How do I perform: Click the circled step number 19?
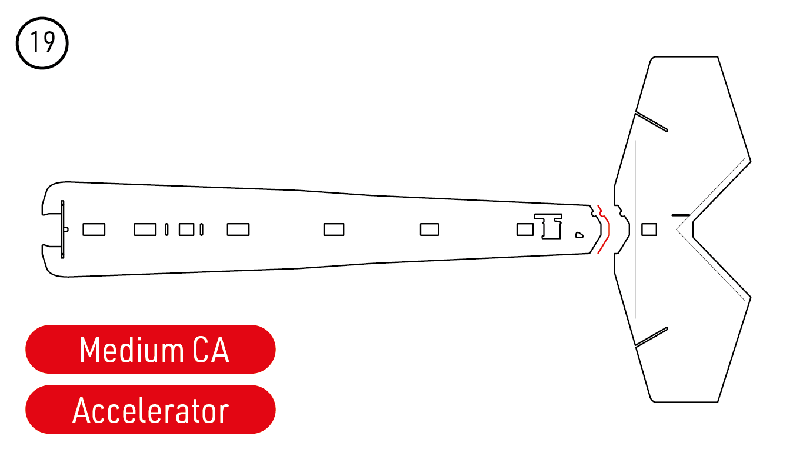pos(42,43)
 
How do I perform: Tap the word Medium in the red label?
pos(132,350)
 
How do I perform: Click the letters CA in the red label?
pos(211,350)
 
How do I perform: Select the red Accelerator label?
pos(151,410)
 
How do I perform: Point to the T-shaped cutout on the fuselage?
pos(548,227)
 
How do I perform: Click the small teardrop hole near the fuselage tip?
pos(579,235)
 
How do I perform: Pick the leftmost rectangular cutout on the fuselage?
pos(94,229)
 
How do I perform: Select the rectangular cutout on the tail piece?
pos(649,229)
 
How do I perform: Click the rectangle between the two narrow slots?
pos(186,229)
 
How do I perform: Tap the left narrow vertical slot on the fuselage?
pos(166,229)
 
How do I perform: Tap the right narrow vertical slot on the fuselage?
pos(201,229)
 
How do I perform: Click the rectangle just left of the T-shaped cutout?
pos(525,229)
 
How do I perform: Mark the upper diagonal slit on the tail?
pos(651,122)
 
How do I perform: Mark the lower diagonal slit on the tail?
pos(651,337)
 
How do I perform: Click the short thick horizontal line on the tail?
pos(681,215)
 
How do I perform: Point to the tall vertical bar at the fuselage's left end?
pos(62,229)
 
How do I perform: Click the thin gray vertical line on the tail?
pos(635,229)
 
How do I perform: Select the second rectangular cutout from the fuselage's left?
pos(145,229)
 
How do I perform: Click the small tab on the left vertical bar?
pos(66,229)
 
